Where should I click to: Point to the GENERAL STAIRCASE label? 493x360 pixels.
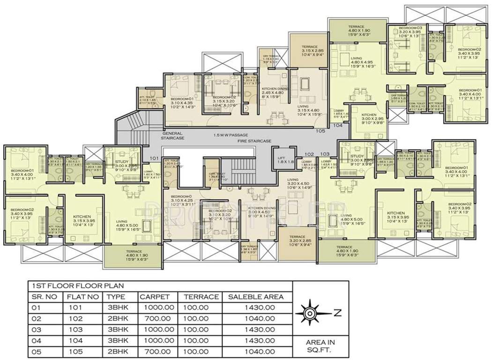pos(173,136)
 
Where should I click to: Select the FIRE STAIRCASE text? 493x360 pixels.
pos(241,140)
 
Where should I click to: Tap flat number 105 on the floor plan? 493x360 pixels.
pos(321,131)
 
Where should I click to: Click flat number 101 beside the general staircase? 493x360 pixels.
pos(154,158)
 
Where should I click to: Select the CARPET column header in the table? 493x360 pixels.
pos(151,297)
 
